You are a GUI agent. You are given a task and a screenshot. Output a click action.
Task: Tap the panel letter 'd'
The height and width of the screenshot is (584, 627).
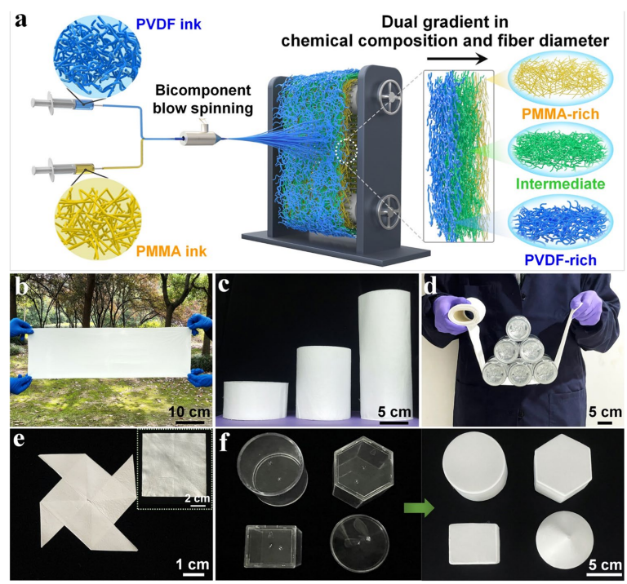click(x=432, y=285)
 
